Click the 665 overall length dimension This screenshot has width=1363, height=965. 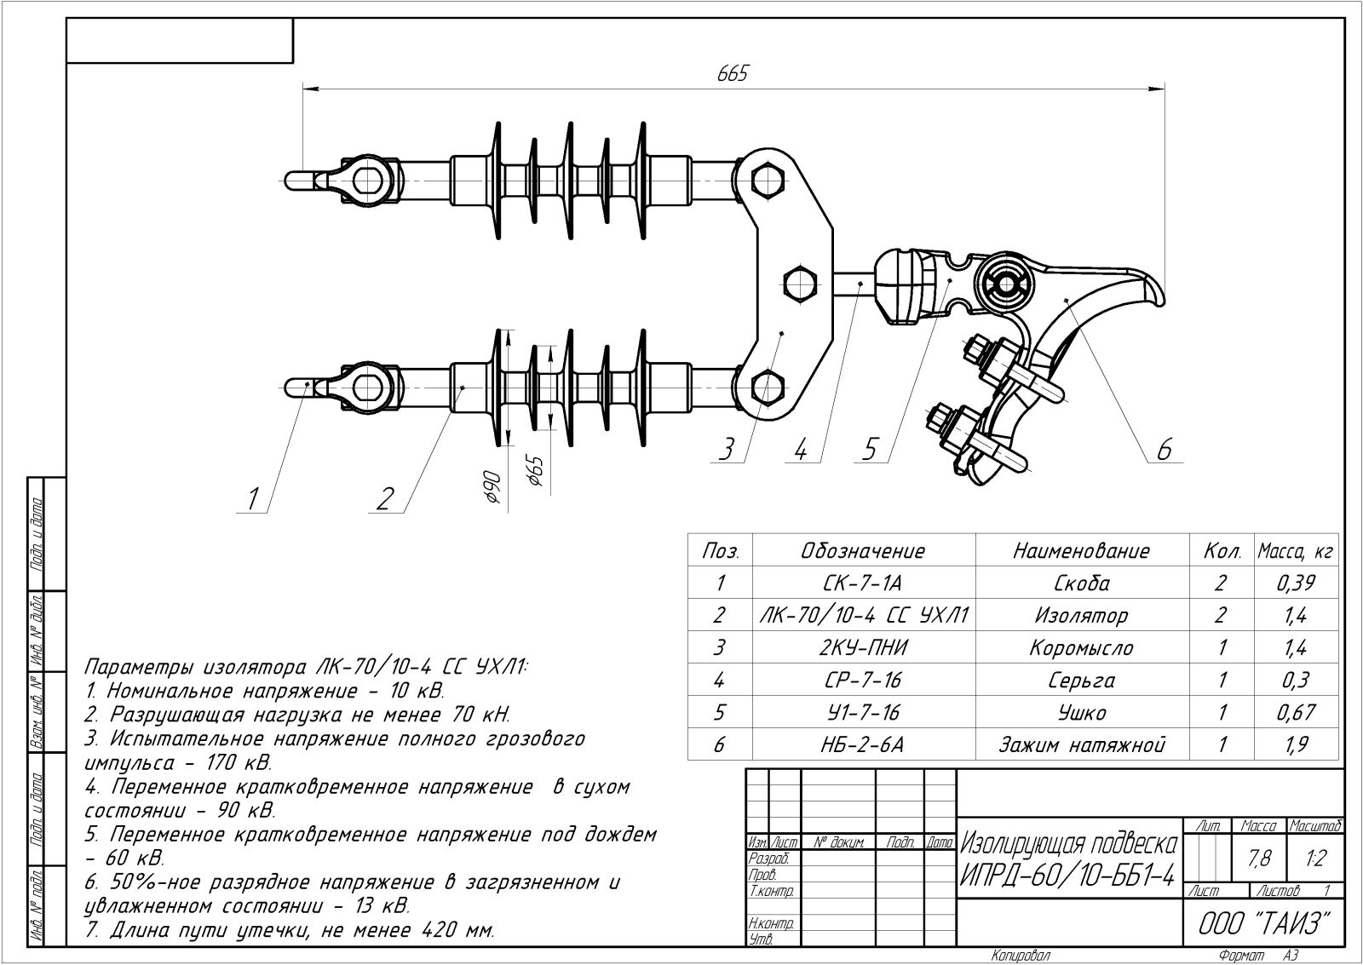pos(732,74)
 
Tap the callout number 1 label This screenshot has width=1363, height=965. pos(252,498)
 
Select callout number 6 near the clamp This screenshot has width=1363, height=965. pos(1164,448)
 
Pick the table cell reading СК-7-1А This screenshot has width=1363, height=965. pos(863,583)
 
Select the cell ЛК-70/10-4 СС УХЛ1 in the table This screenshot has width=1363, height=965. pos(863,615)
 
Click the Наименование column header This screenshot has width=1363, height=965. pos(1081,551)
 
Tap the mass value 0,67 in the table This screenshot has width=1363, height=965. pos(1295,712)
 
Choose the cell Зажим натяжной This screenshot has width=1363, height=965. pos(1081,745)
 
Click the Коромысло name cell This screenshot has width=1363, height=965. pos(1081,647)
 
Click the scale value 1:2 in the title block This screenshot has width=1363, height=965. pos(1315,859)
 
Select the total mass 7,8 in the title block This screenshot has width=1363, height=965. pos(1259,859)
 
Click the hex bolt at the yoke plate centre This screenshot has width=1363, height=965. pos(800,283)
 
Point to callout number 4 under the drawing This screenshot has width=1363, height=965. pos(800,449)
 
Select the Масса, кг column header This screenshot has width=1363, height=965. pos(1295,551)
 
